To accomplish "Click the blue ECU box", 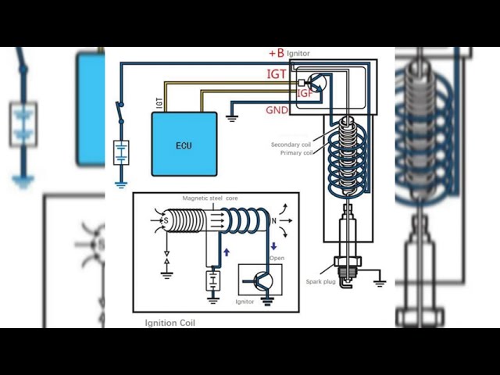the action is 184,144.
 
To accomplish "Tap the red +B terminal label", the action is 277,53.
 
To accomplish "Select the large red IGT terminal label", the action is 276,74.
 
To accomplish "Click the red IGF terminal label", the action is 305,93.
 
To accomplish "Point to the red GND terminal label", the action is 277,110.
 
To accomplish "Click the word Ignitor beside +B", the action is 298,54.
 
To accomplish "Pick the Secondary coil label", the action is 291,145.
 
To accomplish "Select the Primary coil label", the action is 297,153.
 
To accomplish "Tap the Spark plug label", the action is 320,282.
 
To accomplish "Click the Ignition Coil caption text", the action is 170,323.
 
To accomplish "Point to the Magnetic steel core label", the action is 210,198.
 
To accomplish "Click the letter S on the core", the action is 166,220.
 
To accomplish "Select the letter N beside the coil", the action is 273,220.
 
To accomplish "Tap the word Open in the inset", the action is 277,258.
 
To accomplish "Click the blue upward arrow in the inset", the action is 227,252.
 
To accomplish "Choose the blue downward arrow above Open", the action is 273,246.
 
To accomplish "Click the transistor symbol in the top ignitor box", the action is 317,83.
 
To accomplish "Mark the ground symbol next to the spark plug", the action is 380,283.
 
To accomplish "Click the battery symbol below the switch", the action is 121,153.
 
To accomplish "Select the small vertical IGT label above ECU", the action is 159,103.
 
